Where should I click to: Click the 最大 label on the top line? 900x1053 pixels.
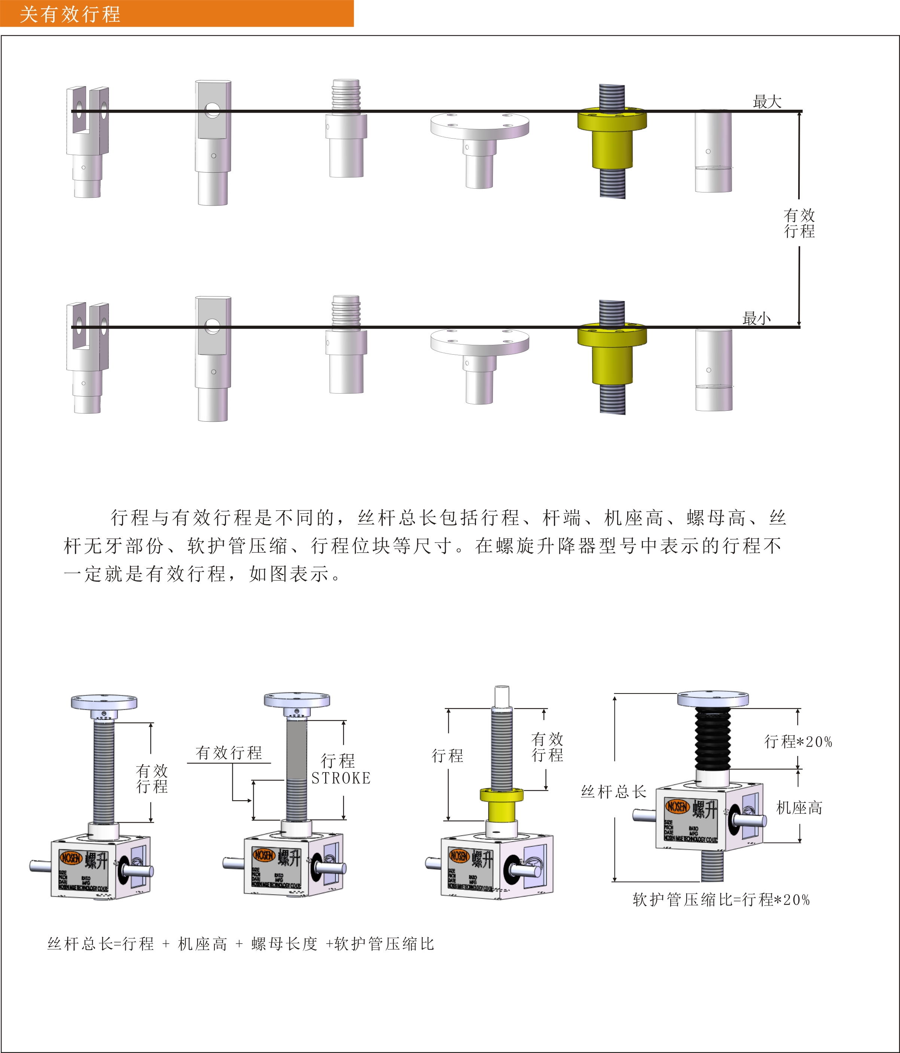point(766,101)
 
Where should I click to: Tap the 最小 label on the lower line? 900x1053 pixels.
point(756,319)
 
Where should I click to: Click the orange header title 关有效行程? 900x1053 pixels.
point(70,14)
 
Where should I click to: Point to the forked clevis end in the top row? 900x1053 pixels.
point(87,122)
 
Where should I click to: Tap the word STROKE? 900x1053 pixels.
point(341,778)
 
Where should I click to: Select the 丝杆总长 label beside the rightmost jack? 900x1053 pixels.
point(614,791)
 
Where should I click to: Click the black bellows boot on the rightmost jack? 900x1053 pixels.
point(713,738)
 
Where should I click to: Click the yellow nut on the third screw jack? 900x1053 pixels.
point(501,803)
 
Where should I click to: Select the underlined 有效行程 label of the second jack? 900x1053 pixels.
point(229,753)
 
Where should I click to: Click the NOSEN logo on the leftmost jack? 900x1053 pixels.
point(71,858)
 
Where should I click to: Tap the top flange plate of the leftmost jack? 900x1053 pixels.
point(104,702)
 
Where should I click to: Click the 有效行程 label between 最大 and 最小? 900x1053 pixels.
point(799,222)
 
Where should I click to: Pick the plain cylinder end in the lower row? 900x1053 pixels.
point(714,370)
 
